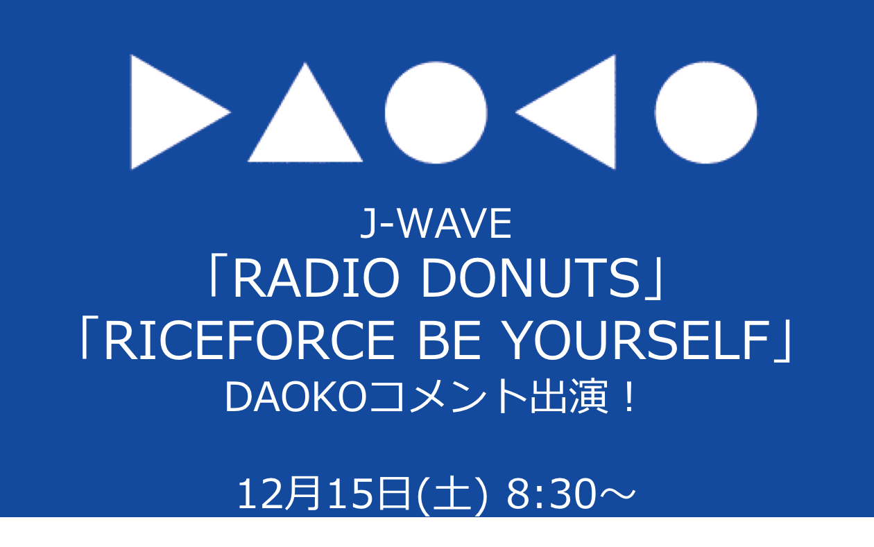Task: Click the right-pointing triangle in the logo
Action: (172, 112)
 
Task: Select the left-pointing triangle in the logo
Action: (574, 112)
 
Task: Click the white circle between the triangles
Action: (436, 112)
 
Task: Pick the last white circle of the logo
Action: (706, 112)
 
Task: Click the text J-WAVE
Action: (436, 223)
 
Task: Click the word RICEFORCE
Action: (250, 340)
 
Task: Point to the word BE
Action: (449, 340)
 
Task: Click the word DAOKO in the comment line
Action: (295, 397)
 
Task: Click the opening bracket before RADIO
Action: (214, 277)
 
